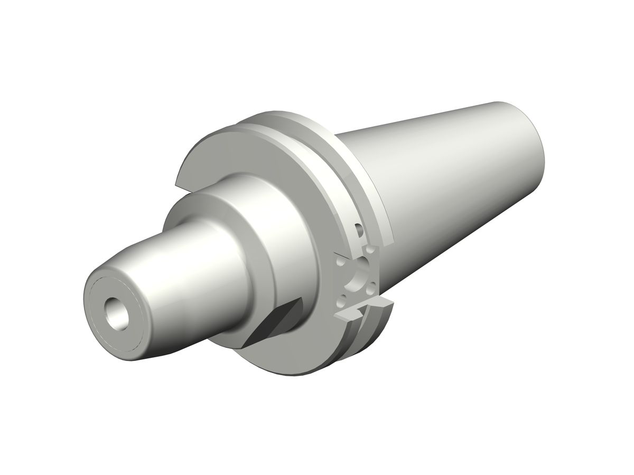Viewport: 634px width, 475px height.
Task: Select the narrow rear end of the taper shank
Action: pos(528,137)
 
